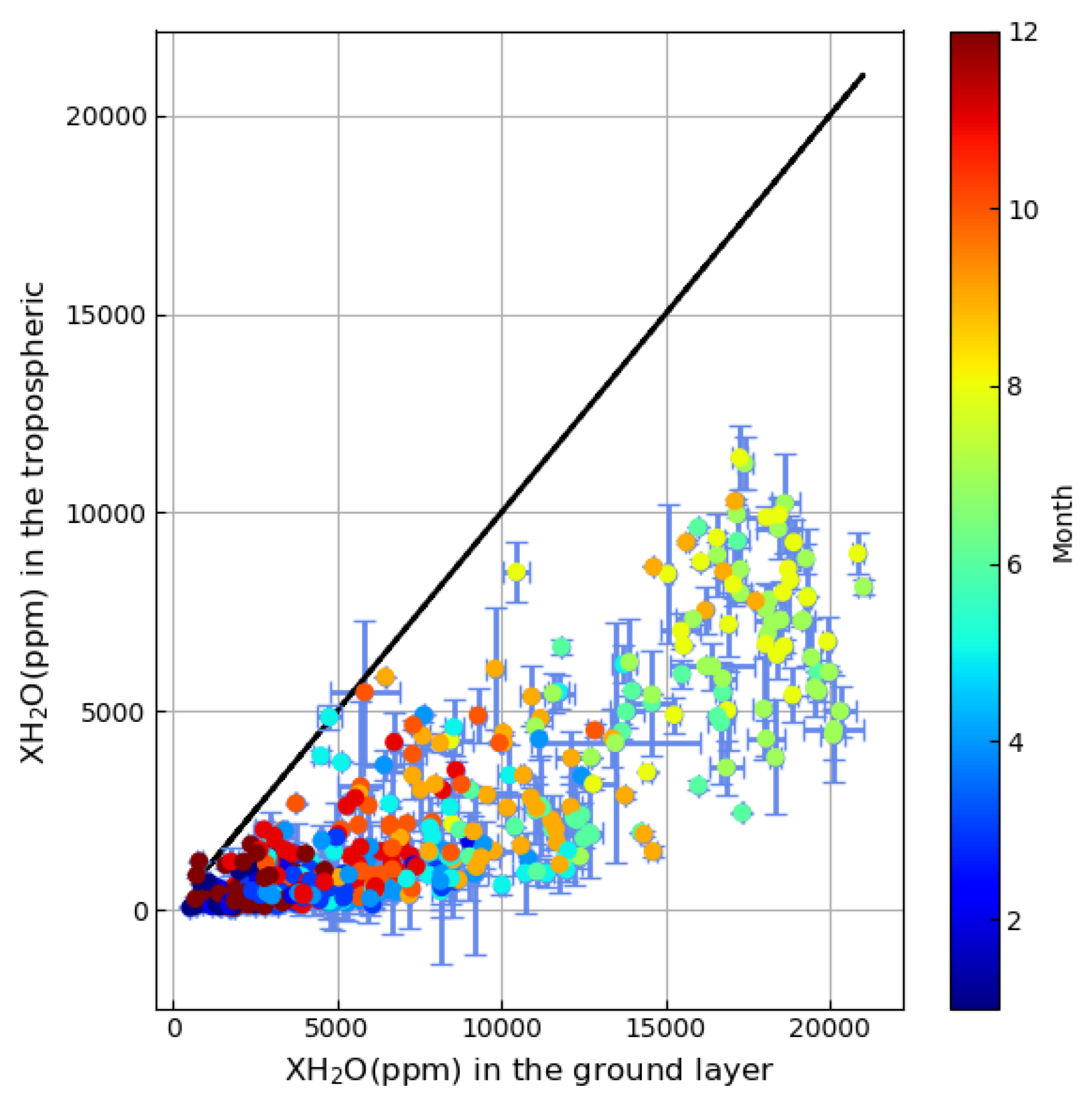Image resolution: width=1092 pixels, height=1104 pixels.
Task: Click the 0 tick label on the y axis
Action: pyautogui.click(x=141, y=910)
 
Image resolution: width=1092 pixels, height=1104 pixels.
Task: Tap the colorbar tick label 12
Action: pyautogui.click(x=1023, y=33)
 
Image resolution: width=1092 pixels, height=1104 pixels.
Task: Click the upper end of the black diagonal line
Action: pyautogui.click(x=863, y=75)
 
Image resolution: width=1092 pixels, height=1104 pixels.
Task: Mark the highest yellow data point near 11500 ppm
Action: pyautogui.click(x=740, y=458)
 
